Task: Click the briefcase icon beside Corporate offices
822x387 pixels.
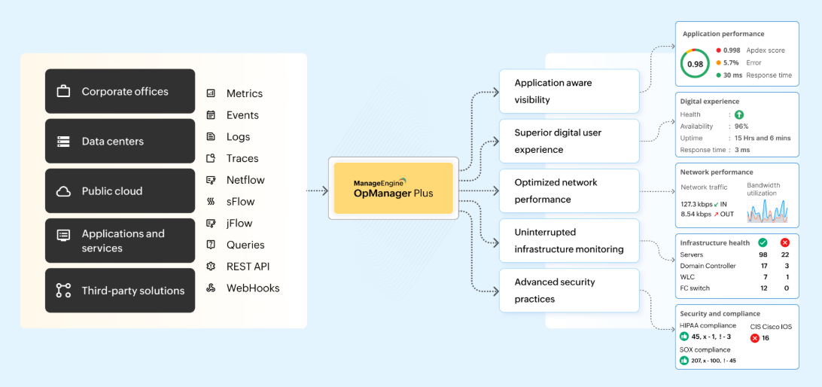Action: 64,92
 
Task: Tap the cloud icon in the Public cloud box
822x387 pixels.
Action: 64,191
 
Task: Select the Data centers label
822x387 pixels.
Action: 112,142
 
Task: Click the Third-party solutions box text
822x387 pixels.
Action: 132,291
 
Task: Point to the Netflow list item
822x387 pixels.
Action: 245,180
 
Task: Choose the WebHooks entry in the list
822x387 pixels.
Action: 253,288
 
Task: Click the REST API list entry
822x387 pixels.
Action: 248,267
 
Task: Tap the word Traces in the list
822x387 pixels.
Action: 242,158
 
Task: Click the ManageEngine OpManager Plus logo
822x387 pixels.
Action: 393,188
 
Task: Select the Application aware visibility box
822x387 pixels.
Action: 569,91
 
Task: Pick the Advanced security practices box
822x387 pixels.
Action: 569,291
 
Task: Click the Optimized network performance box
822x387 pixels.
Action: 569,190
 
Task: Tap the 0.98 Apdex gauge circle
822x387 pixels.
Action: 695,64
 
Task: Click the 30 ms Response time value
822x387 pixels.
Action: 732,75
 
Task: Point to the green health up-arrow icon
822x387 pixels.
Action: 739,114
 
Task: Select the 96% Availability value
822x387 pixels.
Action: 741,126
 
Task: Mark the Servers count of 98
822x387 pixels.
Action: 763,254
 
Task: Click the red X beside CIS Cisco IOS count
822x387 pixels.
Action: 754,338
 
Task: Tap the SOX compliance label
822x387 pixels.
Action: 705,349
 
